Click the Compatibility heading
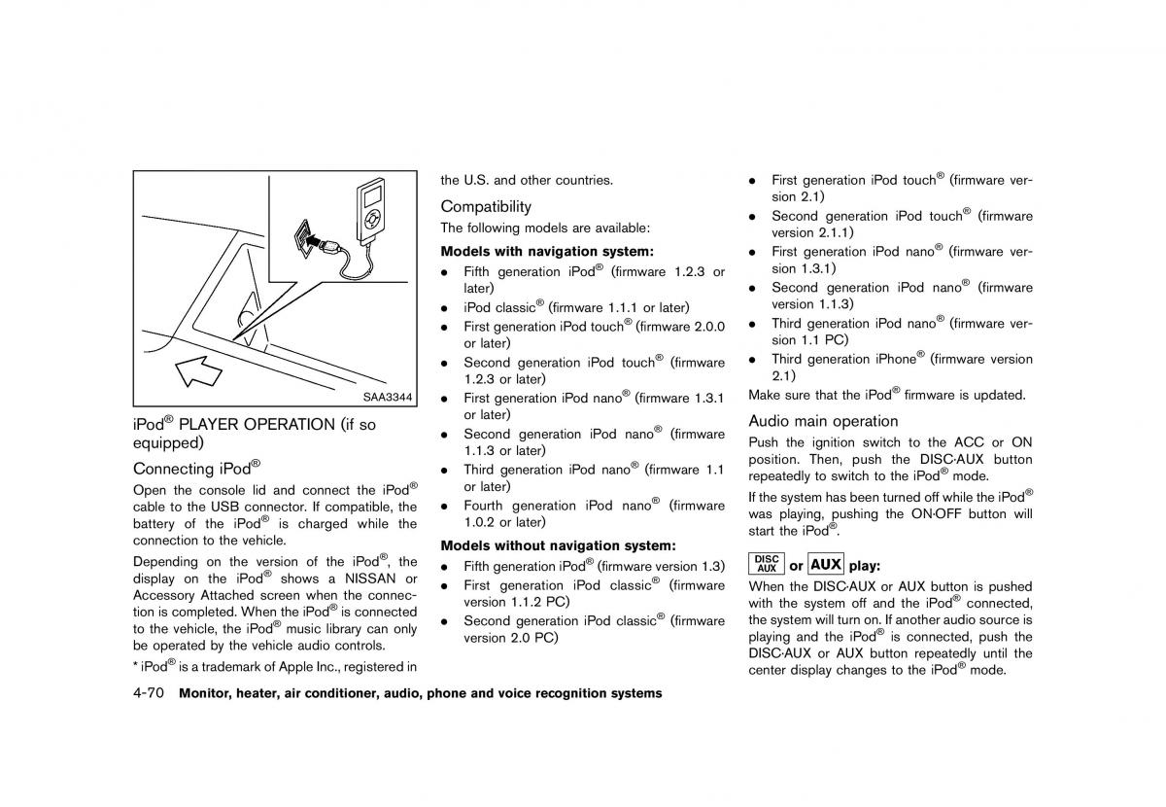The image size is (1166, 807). coord(486,206)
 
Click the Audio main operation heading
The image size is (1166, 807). coord(823,421)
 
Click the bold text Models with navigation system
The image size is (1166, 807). coord(547,251)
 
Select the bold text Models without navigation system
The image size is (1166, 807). coord(558,545)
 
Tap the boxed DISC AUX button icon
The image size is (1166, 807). coord(767,564)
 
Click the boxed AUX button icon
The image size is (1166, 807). coord(826,564)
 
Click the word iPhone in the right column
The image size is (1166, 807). coord(894,359)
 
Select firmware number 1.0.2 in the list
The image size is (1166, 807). coord(480,522)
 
